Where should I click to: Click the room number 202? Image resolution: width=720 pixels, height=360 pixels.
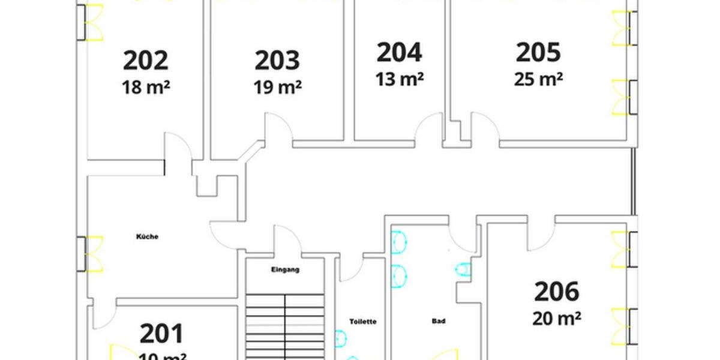tap(146, 61)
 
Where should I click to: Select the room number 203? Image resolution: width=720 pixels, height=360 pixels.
tap(277, 61)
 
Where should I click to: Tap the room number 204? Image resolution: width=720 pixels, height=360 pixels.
tap(400, 52)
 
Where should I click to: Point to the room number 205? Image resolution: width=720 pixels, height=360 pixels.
tap(538, 52)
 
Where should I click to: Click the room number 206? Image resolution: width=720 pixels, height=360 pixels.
tap(557, 292)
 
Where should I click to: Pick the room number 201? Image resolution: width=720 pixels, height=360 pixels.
tap(162, 334)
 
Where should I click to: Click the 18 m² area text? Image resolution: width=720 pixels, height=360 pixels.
tap(146, 88)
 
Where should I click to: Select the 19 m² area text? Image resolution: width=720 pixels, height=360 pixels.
tap(277, 88)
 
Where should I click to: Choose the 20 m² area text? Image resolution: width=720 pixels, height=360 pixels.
tap(557, 318)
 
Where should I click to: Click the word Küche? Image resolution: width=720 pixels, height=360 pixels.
tap(147, 237)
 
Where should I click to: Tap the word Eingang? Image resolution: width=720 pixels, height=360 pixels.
tap(285, 270)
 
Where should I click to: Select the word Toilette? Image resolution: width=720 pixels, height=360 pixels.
tap(363, 322)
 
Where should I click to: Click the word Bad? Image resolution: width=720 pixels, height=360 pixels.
tap(439, 322)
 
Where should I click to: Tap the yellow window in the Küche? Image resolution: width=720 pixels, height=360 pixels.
tap(94, 254)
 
